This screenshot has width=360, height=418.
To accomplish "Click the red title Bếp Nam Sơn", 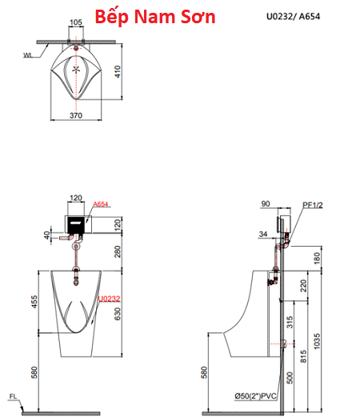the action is pos(155,17).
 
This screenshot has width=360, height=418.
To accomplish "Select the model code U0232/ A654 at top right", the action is pos(293,16).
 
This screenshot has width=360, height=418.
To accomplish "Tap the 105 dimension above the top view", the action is pos(76,22).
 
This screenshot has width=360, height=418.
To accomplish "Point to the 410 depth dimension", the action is pos(118,71).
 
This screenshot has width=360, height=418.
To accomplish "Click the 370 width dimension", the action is pos(76,115).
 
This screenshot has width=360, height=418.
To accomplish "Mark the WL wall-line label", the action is pos(27,55).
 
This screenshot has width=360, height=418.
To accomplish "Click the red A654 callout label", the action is pos(101,204).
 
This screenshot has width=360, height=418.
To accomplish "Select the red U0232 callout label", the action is pos(109,299).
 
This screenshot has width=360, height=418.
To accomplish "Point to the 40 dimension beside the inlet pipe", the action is pos(47,235).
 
